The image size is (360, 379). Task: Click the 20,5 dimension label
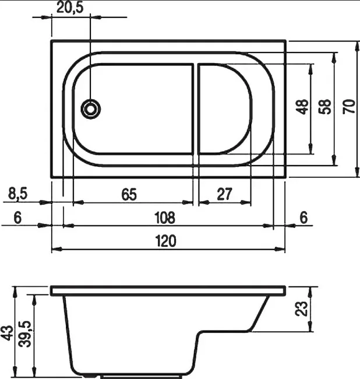(70, 8)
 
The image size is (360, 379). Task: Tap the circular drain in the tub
(90, 109)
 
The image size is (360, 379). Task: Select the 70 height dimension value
(349, 107)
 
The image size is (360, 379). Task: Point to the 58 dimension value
(324, 107)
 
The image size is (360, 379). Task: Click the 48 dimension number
(302, 107)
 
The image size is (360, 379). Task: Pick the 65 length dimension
(129, 194)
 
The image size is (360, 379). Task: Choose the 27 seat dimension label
(224, 194)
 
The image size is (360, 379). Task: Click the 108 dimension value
(165, 217)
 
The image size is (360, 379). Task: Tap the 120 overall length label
(165, 241)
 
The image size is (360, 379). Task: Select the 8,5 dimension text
(18, 194)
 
